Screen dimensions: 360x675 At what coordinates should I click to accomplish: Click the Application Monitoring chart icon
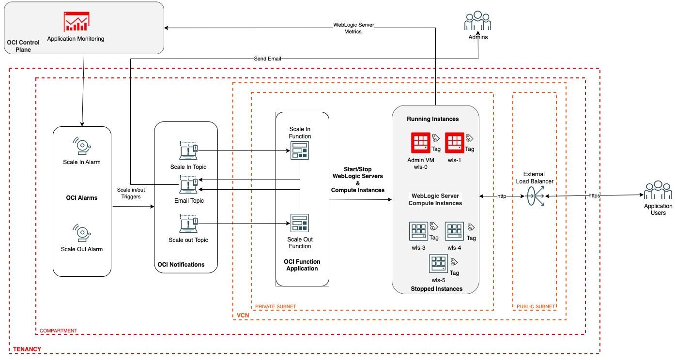point(76,22)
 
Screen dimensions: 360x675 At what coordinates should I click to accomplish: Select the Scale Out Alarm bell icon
point(82,233)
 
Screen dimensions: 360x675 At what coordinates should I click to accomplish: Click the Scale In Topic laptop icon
point(188,150)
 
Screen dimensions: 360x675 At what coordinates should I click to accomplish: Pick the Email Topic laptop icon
point(188,185)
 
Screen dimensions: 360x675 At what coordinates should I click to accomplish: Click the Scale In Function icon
point(299,152)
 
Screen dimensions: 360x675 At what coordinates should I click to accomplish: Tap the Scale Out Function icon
point(299,223)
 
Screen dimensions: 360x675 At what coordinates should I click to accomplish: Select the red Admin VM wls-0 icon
point(420,143)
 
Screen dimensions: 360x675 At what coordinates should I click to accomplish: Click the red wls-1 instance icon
point(455,143)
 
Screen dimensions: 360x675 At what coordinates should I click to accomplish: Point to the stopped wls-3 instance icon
point(418,232)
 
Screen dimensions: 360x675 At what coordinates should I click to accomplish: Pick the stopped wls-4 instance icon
point(454,232)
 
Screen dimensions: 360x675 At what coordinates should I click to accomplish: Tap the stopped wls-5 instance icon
point(438,264)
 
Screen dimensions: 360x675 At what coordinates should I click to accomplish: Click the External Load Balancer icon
point(534,196)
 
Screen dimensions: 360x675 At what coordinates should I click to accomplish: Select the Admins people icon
point(477,22)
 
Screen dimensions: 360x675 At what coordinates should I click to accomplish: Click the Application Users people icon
point(658,191)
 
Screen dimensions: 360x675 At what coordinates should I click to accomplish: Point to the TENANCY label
point(27,349)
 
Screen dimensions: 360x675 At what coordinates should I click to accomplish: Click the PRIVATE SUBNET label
point(276,307)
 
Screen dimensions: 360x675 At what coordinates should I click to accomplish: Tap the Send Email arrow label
point(267,59)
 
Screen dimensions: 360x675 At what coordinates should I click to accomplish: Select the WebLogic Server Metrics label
point(353,28)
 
